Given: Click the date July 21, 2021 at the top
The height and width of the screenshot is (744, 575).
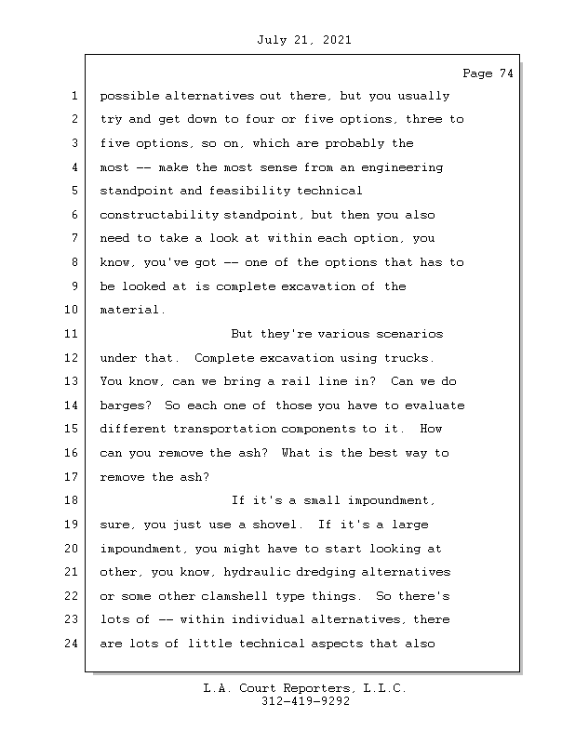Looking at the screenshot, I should [302, 40].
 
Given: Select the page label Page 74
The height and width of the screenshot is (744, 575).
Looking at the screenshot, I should [488, 73].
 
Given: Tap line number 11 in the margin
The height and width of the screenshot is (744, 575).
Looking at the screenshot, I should [72, 334].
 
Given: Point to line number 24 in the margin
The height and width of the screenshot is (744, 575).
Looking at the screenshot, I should [72, 643].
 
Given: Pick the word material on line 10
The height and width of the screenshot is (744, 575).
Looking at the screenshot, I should [130, 310].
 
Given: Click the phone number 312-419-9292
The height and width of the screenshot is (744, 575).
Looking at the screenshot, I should [305, 702].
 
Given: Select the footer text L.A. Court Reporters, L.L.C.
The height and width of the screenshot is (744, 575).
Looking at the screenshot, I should [305, 688].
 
